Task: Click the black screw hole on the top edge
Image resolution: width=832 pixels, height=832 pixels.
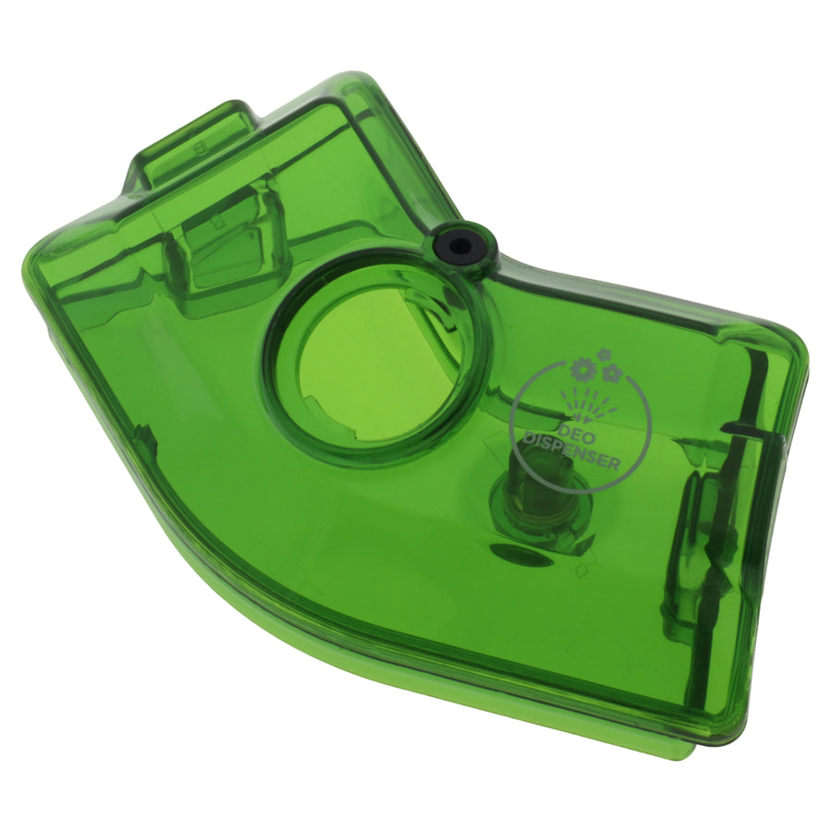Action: tap(459, 245)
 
